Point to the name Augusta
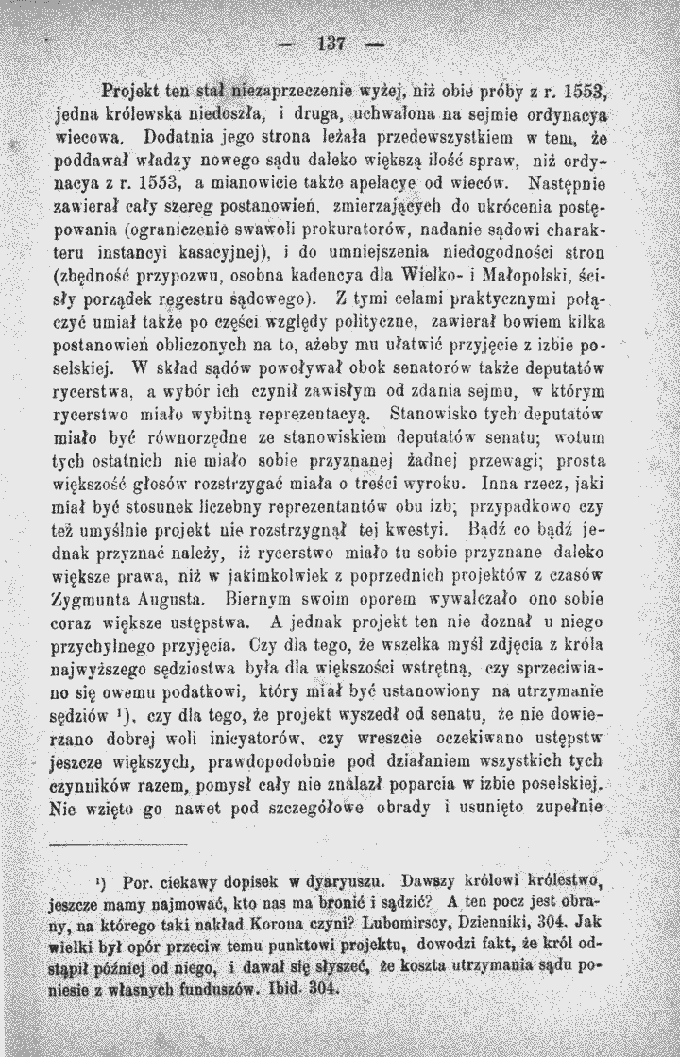(x=181, y=599)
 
